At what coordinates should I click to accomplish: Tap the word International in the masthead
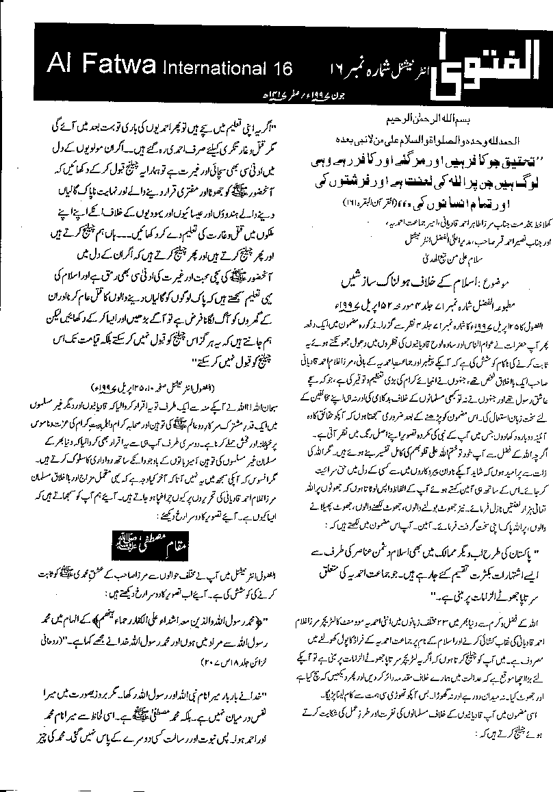tap(218, 68)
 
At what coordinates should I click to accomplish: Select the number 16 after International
tap(281, 68)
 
